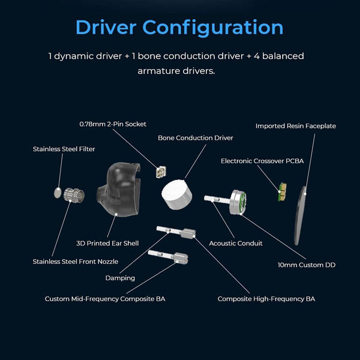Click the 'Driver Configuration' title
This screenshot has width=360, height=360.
tap(179, 27)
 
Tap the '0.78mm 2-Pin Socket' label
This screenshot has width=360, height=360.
tap(113, 124)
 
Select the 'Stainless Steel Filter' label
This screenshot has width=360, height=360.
tap(64, 149)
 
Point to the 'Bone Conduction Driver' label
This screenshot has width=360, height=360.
tap(196, 138)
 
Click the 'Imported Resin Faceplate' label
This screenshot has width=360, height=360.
tap(295, 126)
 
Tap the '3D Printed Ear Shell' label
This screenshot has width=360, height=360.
tap(107, 243)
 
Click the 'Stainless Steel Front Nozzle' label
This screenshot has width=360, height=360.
tap(75, 262)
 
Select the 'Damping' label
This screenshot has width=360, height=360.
tap(120, 278)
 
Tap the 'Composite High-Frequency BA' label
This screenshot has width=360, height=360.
tap(266, 298)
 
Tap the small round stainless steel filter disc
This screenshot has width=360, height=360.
tap(57, 193)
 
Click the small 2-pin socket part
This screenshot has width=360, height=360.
tap(160, 172)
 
